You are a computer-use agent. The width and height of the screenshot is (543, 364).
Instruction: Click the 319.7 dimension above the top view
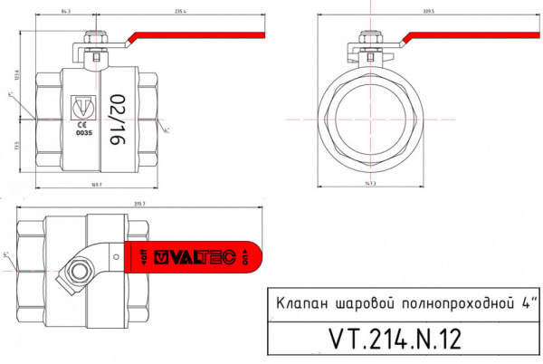pos(138,204)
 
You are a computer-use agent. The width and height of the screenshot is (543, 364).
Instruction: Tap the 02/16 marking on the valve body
pos(117,118)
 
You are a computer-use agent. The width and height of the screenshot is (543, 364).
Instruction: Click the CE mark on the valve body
pos(81,123)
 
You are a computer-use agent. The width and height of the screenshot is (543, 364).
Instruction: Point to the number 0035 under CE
pos(81,132)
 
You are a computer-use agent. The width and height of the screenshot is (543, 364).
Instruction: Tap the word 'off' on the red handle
pos(144,257)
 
